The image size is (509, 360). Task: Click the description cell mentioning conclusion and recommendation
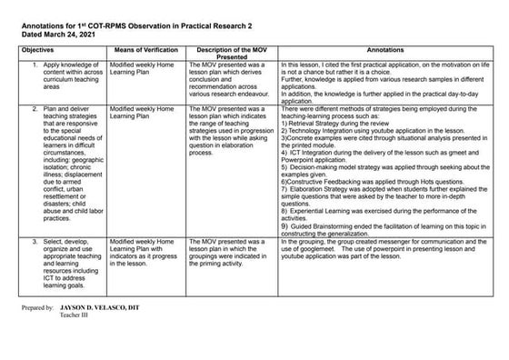pyautogui.click(x=230, y=79)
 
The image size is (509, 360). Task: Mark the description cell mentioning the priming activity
pyautogui.click(x=230, y=251)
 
